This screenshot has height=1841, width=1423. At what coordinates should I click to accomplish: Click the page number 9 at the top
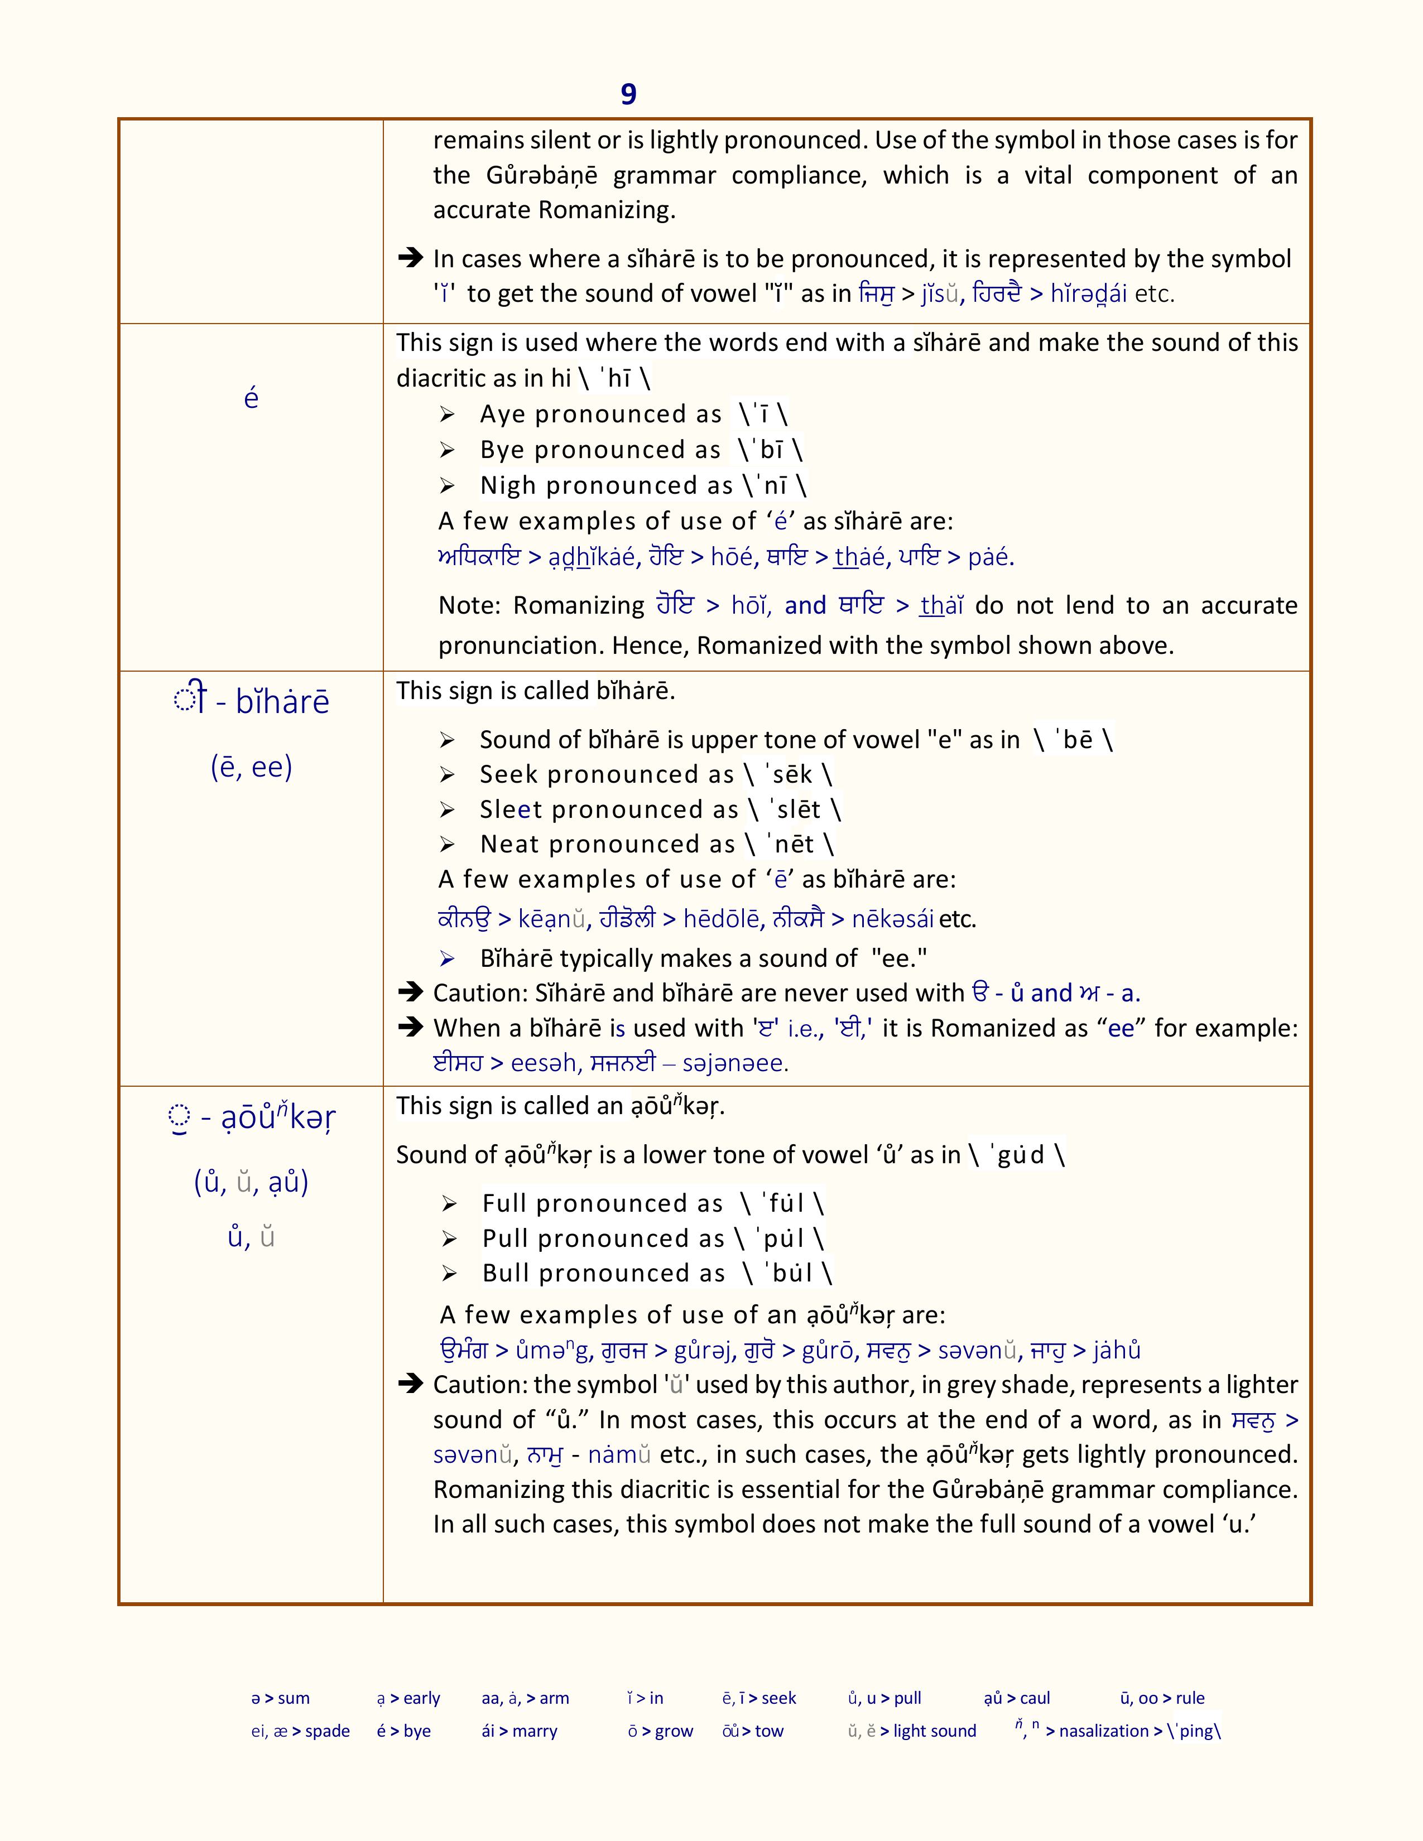tap(628, 94)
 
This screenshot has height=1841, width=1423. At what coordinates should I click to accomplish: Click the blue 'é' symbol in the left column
tap(251, 398)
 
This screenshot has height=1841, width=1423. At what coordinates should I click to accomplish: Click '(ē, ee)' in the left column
tap(251, 766)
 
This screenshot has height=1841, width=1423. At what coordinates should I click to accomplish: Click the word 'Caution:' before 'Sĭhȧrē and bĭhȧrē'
tap(480, 993)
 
